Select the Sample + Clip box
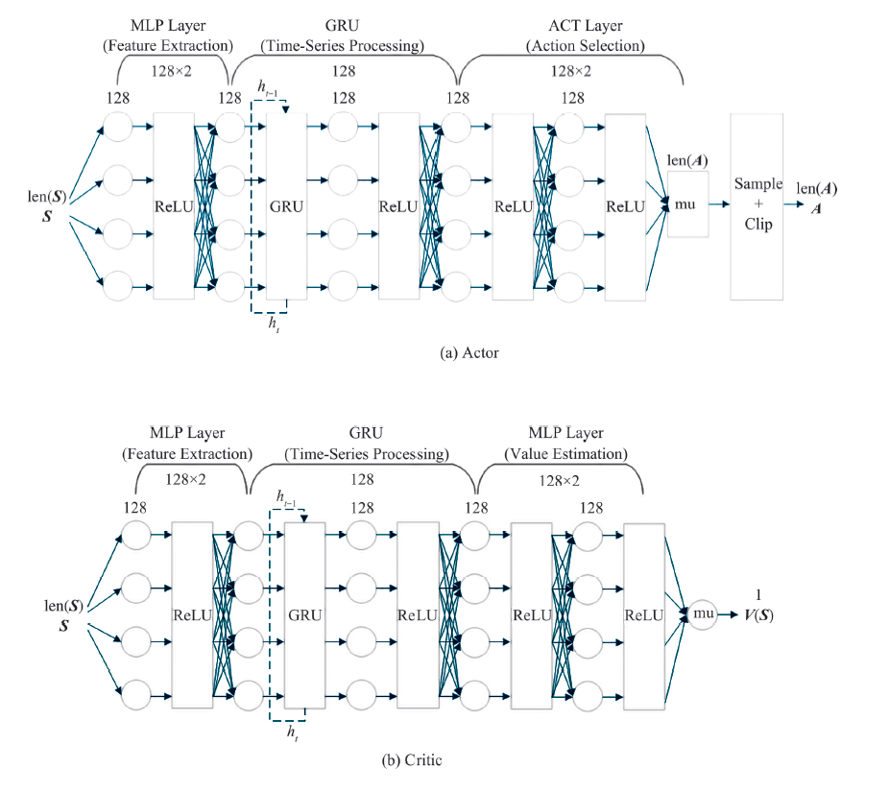click(757, 205)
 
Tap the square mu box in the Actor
click(688, 204)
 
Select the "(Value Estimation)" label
click(573, 453)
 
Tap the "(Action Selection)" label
click(585, 45)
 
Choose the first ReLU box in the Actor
click(174, 205)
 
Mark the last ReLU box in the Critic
click(643, 615)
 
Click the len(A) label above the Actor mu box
click(687, 161)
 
